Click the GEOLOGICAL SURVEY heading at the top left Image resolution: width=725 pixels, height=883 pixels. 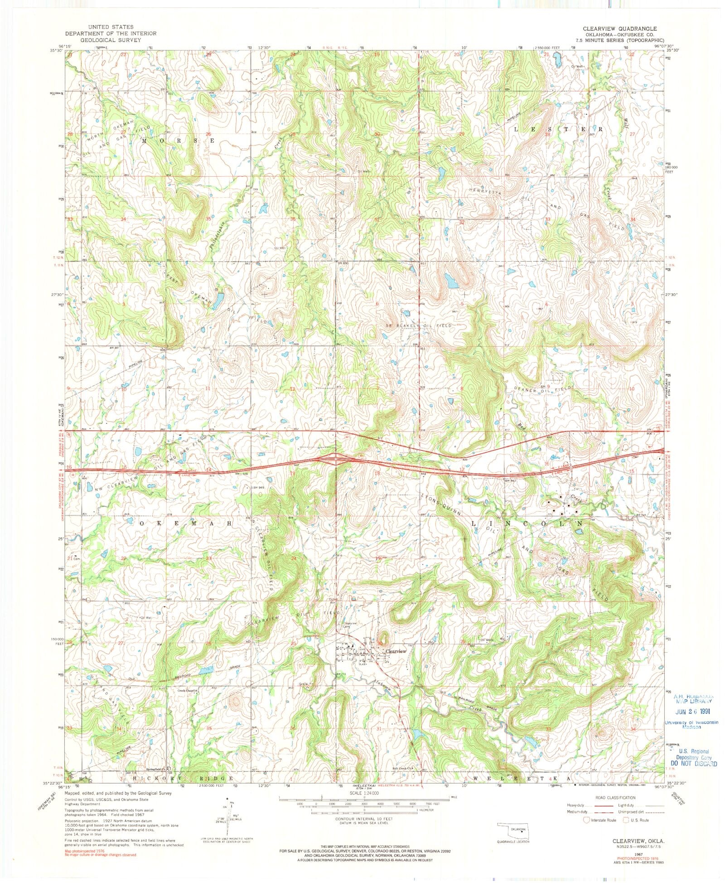[111, 40]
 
